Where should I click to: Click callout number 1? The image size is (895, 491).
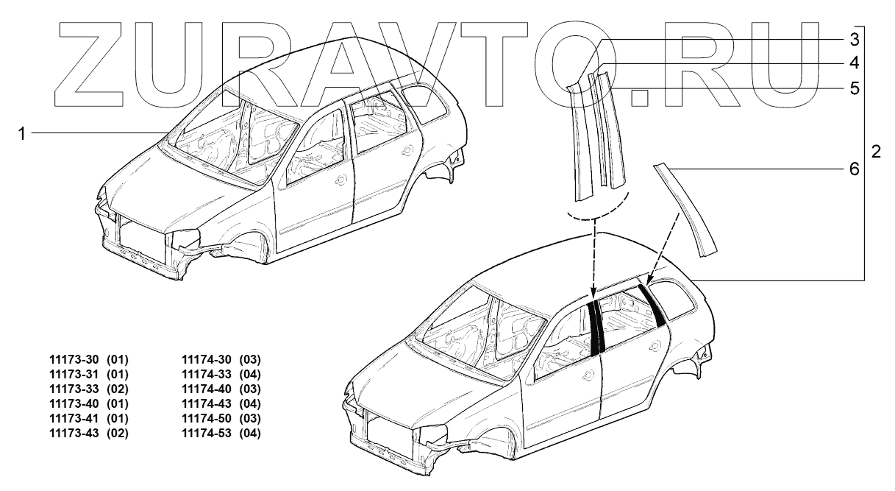(x=23, y=133)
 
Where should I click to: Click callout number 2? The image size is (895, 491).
(x=875, y=152)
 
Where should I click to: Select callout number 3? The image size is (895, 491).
(x=854, y=38)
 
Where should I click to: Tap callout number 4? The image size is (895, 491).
(x=854, y=63)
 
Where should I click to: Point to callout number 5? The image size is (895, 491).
(x=854, y=89)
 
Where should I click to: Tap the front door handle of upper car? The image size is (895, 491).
(x=340, y=180)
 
